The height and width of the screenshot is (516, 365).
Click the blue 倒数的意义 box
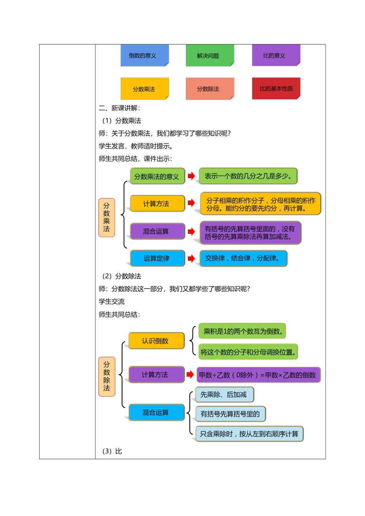click(144, 56)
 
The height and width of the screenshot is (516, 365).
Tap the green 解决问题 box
click(210, 56)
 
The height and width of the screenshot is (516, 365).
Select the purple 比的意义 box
click(276, 55)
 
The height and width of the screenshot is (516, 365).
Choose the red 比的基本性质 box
click(276, 89)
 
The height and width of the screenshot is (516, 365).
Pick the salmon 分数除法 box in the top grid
click(210, 89)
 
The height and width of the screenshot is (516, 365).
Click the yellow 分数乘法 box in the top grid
click(144, 89)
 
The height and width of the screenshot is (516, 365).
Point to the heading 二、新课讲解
click(119, 108)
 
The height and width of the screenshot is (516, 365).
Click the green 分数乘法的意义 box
click(157, 177)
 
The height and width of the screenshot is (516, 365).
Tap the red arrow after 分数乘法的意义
click(191, 176)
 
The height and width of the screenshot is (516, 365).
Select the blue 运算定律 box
click(157, 258)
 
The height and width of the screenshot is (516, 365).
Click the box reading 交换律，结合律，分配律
click(243, 258)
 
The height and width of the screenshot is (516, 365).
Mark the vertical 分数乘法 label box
click(106, 217)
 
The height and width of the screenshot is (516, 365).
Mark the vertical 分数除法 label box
click(106, 376)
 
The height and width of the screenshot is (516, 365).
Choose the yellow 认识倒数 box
click(156, 341)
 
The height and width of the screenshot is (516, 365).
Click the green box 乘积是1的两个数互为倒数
click(242, 331)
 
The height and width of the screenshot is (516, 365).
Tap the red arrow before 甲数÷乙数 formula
click(190, 375)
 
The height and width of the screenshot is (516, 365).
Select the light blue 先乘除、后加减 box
click(224, 395)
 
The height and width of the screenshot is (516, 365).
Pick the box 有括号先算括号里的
click(230, 414)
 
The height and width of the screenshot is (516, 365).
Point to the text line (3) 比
click(112, 451)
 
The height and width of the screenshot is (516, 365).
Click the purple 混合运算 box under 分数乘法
click(157, 231)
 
